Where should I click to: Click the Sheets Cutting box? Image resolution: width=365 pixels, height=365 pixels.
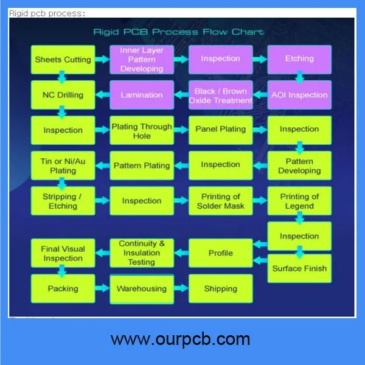click(63, 60)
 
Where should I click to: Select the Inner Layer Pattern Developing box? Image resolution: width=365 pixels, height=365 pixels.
click(141, 59)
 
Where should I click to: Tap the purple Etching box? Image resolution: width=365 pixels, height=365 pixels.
click(299, 59)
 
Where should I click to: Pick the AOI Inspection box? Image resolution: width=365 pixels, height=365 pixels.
click(299, 95)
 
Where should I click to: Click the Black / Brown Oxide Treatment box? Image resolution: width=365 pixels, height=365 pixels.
click(220, 95)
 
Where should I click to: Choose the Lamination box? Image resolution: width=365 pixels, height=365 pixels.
click(142, 95)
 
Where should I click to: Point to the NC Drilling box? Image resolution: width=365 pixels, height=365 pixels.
click(63, 95)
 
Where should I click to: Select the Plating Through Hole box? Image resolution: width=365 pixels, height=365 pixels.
click(142, 131)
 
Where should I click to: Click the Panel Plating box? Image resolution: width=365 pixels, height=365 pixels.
click(220, 129)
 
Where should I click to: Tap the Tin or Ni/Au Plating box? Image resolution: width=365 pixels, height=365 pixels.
click(63, 165)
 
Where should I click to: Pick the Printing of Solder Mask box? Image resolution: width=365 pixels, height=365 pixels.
click(220, 201)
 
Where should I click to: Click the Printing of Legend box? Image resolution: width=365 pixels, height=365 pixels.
click(299, 201)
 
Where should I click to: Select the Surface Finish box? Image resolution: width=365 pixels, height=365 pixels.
click(299, 268)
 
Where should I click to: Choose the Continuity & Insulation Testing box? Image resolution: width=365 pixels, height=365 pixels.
click(142, 253)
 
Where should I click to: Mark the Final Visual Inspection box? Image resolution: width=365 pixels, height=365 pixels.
click(63, 253)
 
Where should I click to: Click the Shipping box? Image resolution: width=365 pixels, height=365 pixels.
click(220, 289)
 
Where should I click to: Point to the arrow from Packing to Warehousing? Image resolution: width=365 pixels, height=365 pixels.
click(102, 289)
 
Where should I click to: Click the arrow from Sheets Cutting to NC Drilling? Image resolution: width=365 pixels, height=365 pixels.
click(62, 77)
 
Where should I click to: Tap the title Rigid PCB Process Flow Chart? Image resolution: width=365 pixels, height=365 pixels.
click(178, 32)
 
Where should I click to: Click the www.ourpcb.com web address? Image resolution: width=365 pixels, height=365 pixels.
click(181, 338)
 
